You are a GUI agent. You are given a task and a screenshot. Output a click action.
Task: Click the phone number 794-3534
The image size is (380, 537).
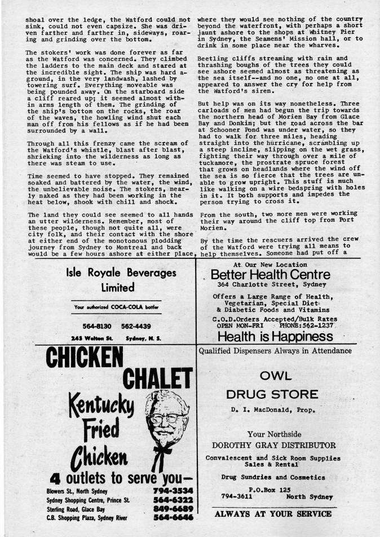(x=173, y=490)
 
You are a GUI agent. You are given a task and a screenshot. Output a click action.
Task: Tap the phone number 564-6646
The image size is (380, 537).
(x=173, y=517)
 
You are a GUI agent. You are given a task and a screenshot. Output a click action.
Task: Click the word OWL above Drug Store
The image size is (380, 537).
(x=276, y=376)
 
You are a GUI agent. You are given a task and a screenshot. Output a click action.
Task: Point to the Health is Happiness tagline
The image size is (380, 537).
(x=275, y=337)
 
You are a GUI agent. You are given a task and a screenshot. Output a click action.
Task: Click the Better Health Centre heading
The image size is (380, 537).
(x=271, y=275)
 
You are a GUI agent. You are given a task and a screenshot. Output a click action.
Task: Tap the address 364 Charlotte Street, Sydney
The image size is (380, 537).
(x=271, y=285)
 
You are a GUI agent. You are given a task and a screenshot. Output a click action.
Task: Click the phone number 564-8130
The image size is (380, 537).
(x=96, y=326)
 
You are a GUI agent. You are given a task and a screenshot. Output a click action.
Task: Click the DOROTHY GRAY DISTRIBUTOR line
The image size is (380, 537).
(x=275, y=445)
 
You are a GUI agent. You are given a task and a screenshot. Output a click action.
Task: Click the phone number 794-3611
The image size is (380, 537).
(x=237, y=497)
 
